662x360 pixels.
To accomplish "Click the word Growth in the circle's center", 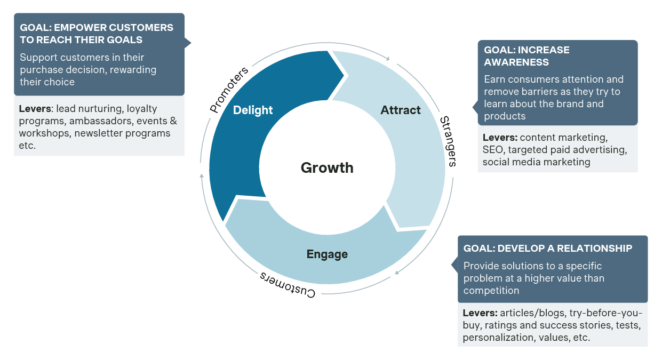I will (x=327, y=168).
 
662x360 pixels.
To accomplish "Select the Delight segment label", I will (x=253, y=110).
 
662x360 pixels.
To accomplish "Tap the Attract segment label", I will (x=401, y=110).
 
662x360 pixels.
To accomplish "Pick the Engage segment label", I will (x=327, y=254).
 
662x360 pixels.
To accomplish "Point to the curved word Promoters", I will (x=229, y=90).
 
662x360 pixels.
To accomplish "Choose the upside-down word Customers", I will (x=288, y=285).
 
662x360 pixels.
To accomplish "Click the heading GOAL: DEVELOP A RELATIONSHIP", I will (x=548, y=249).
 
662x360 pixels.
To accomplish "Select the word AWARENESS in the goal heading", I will (x=509, y=62).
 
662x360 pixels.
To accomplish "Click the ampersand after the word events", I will (x=173, y=121).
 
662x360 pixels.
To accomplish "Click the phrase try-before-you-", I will (x=606, y=313).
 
